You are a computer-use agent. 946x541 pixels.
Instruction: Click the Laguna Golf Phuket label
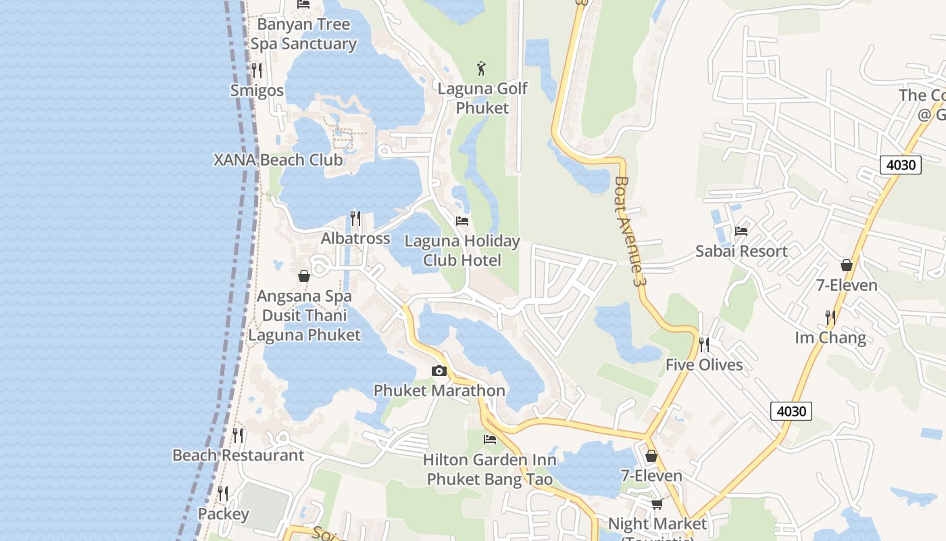[x=482, y=98]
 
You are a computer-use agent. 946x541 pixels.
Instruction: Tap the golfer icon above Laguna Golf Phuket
[x=481, y=68]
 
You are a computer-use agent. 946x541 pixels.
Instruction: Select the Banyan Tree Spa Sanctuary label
[x=304, y=34]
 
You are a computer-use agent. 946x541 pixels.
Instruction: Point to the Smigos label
[x=257, y=90]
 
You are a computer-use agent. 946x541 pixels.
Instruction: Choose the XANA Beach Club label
[x=278, y=160]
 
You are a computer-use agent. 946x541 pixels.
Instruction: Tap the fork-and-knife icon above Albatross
[x=355, y=218]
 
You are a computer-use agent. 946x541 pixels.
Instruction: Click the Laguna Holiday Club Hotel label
[x=462, y=251]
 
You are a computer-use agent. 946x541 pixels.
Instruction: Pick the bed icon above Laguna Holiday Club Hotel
[x=462, y=221]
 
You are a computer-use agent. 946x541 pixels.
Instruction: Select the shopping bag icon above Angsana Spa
[x=304, y=276]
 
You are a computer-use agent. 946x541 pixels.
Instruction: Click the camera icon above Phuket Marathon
[x=439, y=371]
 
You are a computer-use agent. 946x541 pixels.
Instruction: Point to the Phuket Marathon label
[x=439, y=391]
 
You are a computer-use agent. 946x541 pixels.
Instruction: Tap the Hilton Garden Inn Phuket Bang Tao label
[x=490, y=470]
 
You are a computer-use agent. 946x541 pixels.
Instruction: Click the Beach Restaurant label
[x=239, y=455]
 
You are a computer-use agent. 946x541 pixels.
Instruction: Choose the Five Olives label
[x=704, y=365]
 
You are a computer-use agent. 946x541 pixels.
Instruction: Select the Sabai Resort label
[x=741, y=252]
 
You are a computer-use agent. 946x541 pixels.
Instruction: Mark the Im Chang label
[x=830, y=337]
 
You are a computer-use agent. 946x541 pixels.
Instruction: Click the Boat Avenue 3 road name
[x=627, y=231]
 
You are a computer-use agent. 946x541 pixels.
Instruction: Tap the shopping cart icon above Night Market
[x=657, y=504]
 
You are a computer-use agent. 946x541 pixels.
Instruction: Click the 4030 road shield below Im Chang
[x=791, y=410]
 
